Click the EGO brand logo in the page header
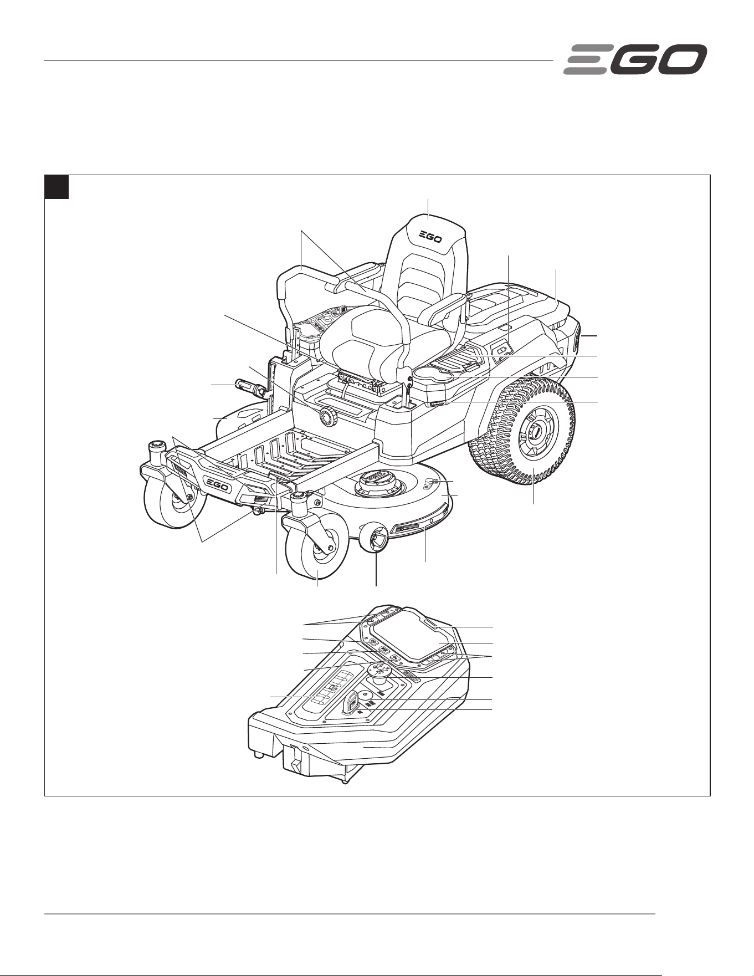click(x=635, y=59)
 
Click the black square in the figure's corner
click(x=57, y=187)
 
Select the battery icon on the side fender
click(x=502, y=350)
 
